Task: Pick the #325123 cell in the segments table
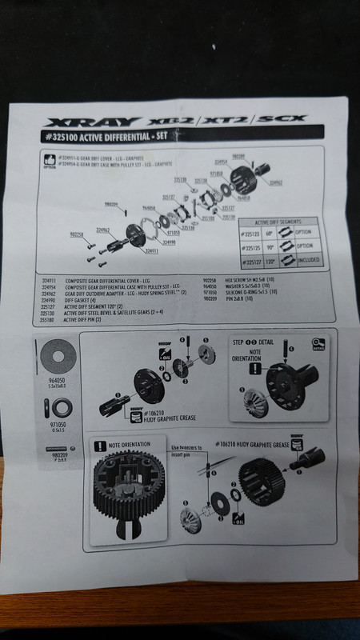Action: click(x=254, y=231)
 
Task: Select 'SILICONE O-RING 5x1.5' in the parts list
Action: click(x=243, y=293)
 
